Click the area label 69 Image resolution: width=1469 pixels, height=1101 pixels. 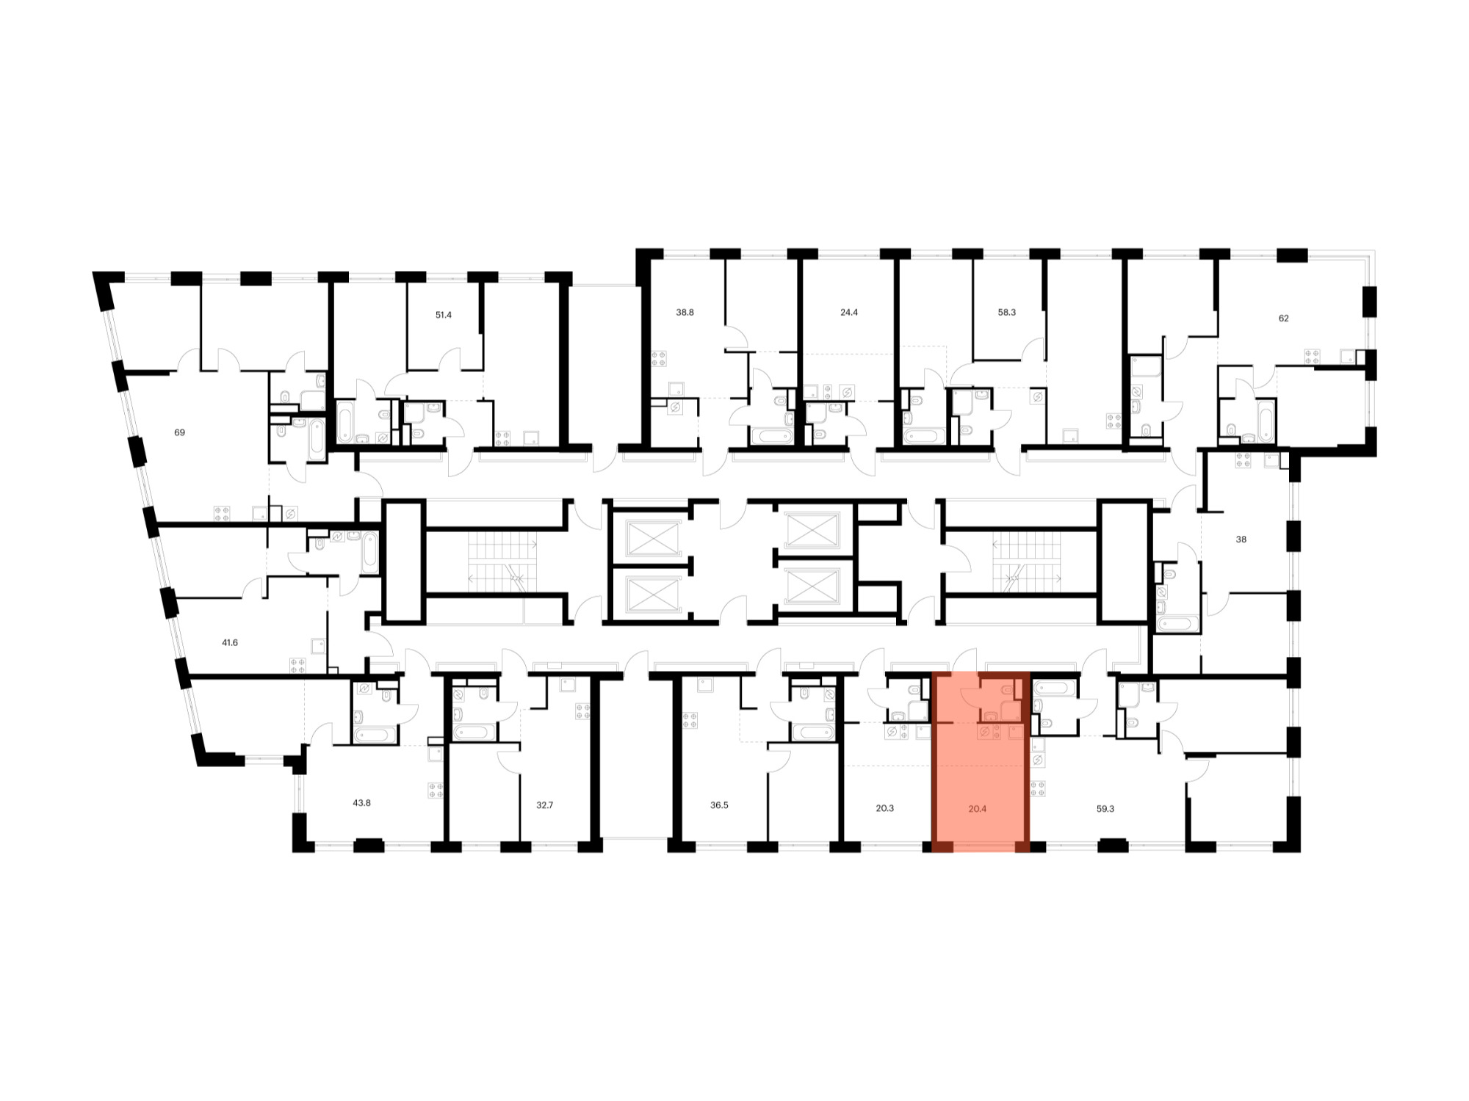[179, 432]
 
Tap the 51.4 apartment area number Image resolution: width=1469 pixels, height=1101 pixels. [443, 315]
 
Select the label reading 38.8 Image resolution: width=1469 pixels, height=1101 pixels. [685, 312]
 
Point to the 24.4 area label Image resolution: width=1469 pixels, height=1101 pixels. [848, 312]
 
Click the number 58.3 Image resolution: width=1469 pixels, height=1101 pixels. [1006, 312]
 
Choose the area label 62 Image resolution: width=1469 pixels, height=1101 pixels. [1283, 318]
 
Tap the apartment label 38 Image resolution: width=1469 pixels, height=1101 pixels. [1241, 539]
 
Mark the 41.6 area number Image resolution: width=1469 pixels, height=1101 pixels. [230, 642]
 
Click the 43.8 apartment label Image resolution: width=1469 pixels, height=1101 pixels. [361, 802]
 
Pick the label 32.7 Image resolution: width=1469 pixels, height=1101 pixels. [544, 804]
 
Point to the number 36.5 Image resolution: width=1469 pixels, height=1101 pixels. [719, 804]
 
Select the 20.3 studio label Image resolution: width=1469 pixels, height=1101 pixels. [885, 808]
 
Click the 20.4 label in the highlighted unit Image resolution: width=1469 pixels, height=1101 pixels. [977, 808]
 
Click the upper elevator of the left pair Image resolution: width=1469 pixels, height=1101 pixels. [653, 538]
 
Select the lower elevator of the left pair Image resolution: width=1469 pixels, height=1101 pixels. [653, 593]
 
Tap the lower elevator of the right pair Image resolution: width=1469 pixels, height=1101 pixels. [812, 585]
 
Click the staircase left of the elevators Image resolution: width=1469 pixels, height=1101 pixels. [503, 562]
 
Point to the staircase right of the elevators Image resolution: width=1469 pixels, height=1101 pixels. [1027, 562]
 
